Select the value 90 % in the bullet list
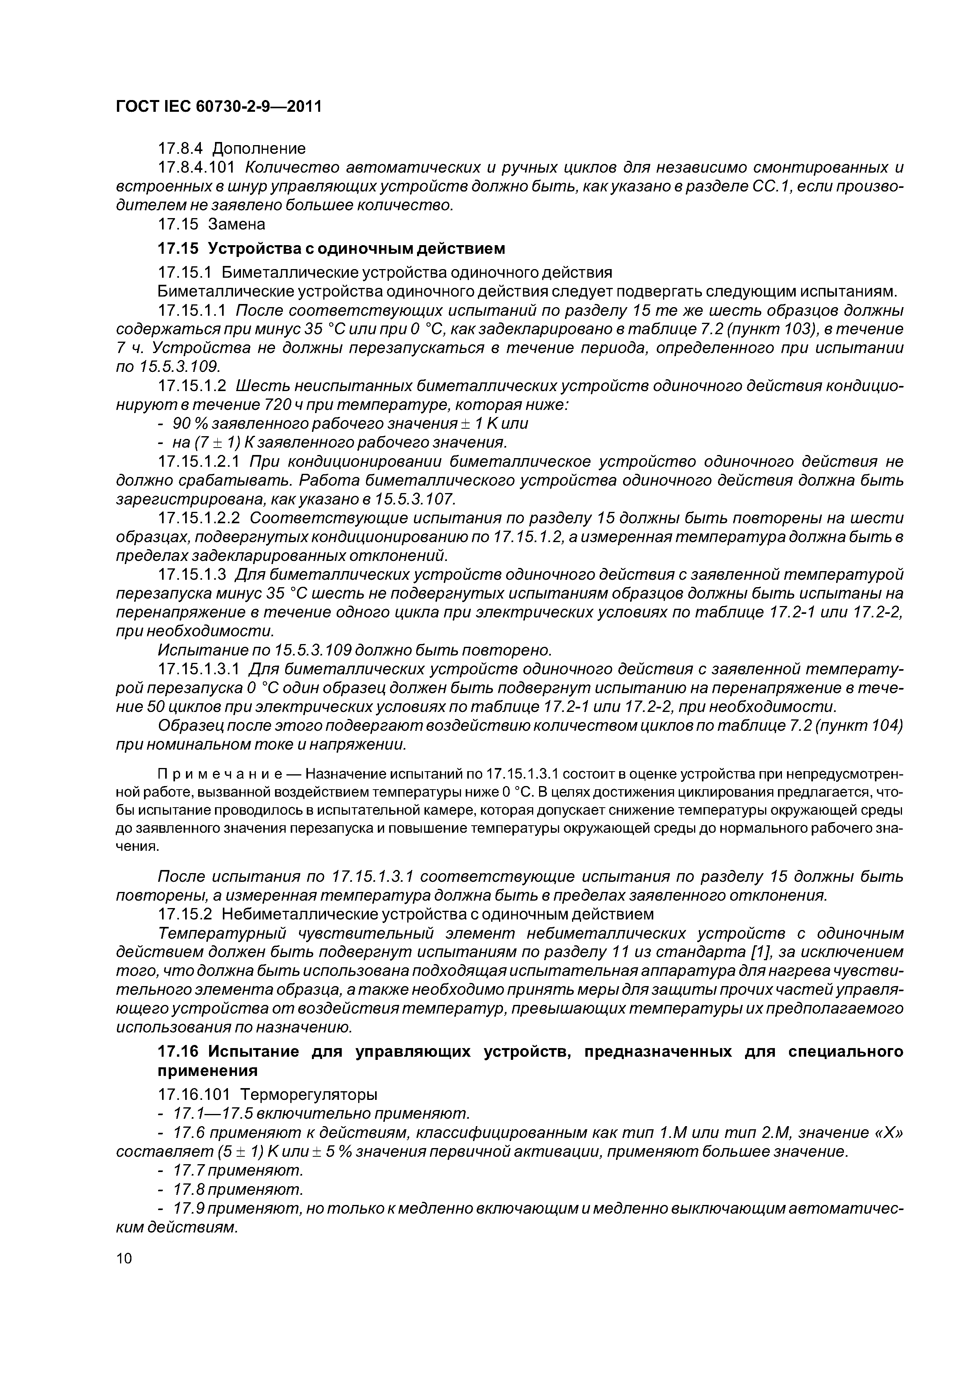[189, 424]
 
